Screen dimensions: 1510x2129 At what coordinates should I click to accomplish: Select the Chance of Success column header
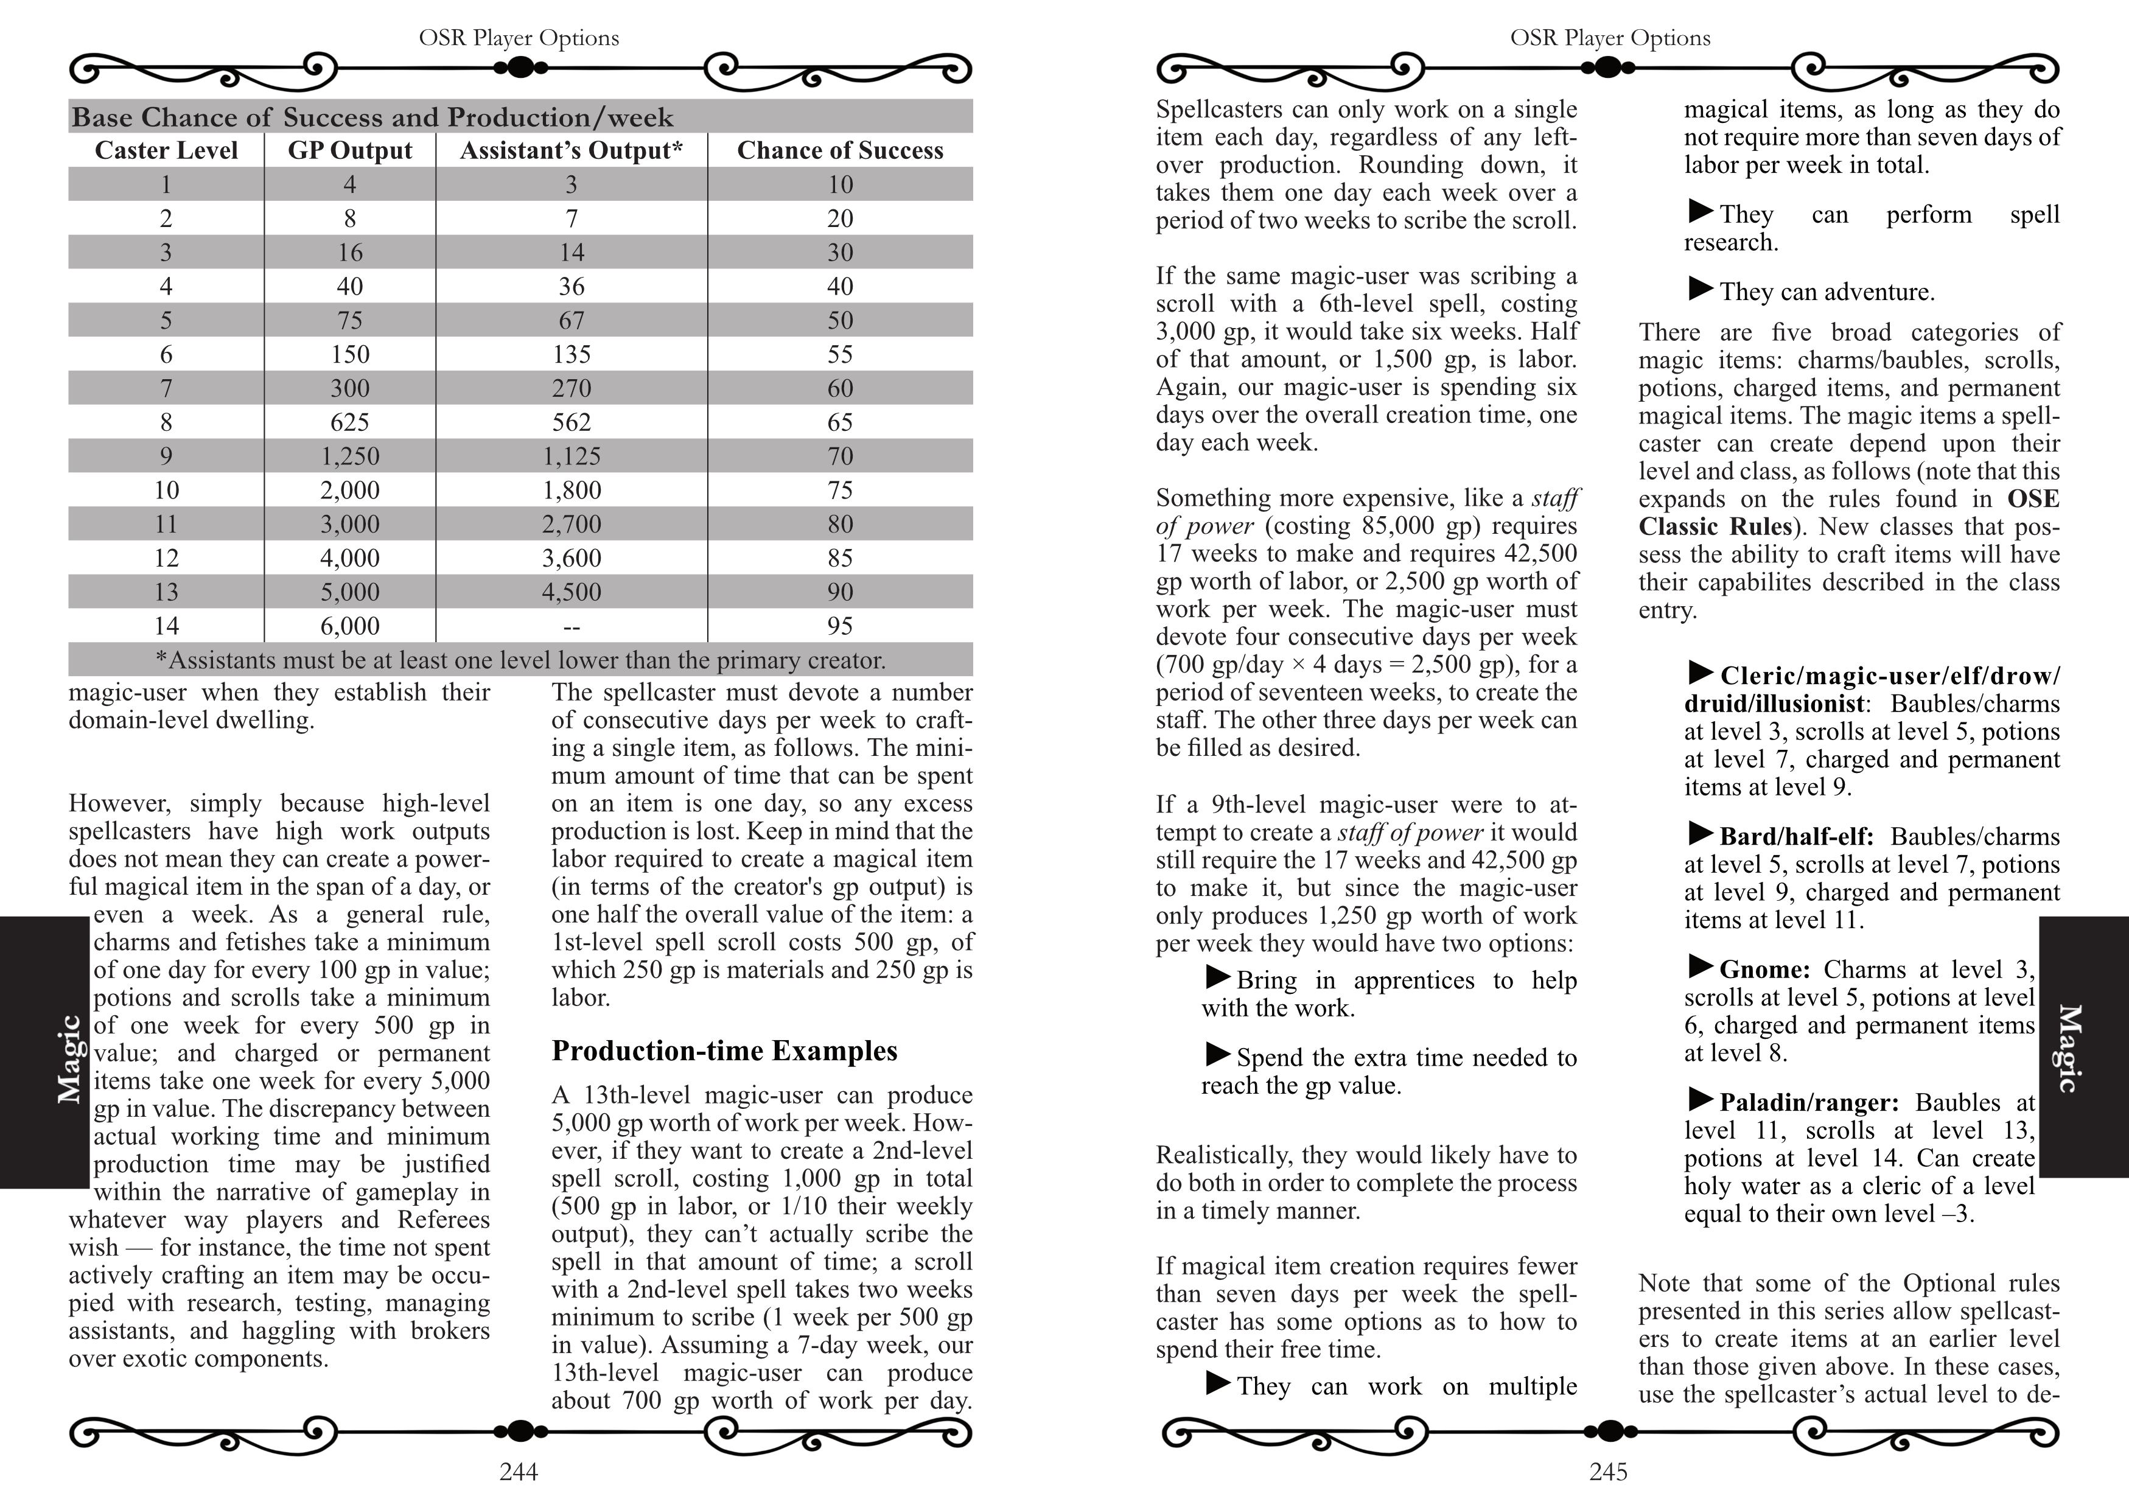839,150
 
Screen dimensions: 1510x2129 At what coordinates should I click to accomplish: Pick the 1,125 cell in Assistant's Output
571,456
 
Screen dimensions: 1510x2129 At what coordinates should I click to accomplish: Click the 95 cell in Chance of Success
839,626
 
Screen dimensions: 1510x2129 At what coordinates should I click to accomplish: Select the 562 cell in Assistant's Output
571,422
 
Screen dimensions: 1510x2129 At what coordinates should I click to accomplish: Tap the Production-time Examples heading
724,1050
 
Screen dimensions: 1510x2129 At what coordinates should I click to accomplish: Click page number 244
519,1472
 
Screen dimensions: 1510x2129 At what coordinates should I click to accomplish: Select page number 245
1609,1472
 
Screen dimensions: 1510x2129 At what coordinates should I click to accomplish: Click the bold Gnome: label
1764,970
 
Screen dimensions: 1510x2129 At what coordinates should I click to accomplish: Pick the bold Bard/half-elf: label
1796,837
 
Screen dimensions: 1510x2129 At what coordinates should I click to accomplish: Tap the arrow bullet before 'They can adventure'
1701,289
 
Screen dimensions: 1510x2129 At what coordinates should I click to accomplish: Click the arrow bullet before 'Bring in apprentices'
1218,977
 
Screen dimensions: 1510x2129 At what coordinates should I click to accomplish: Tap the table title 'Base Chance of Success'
372,117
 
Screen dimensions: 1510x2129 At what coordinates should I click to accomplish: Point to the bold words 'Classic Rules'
1715,527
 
